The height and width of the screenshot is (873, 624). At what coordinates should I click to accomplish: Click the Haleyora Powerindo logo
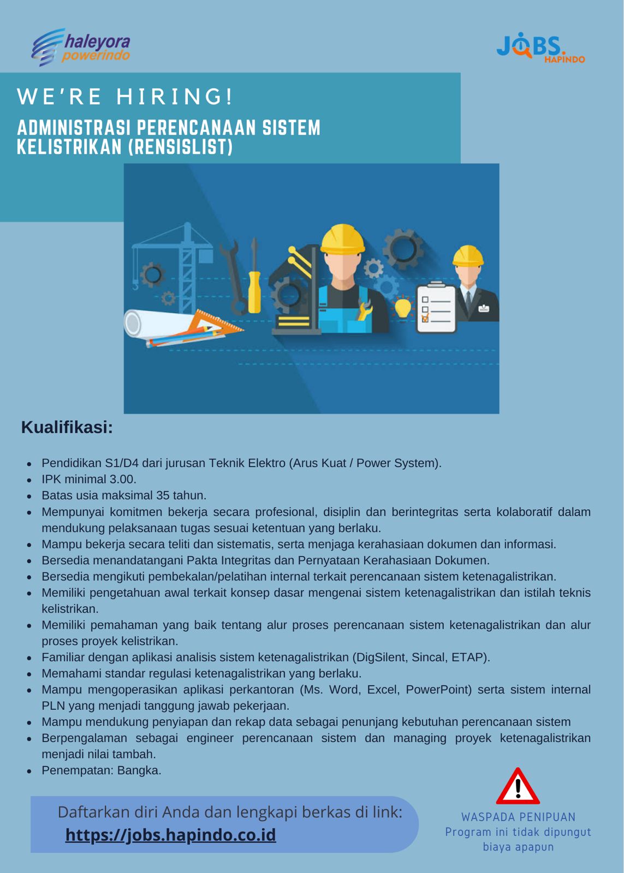tap(81, 47)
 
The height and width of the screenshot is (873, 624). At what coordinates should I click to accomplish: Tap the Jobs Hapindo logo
tap(539, 48)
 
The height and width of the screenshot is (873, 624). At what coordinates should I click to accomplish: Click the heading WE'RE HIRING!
tap(126, 97)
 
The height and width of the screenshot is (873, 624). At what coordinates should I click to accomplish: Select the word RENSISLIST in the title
tap(180, 147)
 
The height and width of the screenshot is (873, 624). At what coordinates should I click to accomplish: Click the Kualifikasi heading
tap(67, 427)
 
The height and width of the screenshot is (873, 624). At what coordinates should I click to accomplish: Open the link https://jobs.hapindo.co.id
tap(170, 835)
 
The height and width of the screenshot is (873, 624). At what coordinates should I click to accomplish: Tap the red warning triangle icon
tap(518, 787)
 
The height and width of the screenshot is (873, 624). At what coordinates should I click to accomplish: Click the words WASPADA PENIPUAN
tap(518, 817)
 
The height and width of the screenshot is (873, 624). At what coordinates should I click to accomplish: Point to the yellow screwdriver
tap(254, 278)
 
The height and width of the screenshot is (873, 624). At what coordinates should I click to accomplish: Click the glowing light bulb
tap(402, 307)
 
